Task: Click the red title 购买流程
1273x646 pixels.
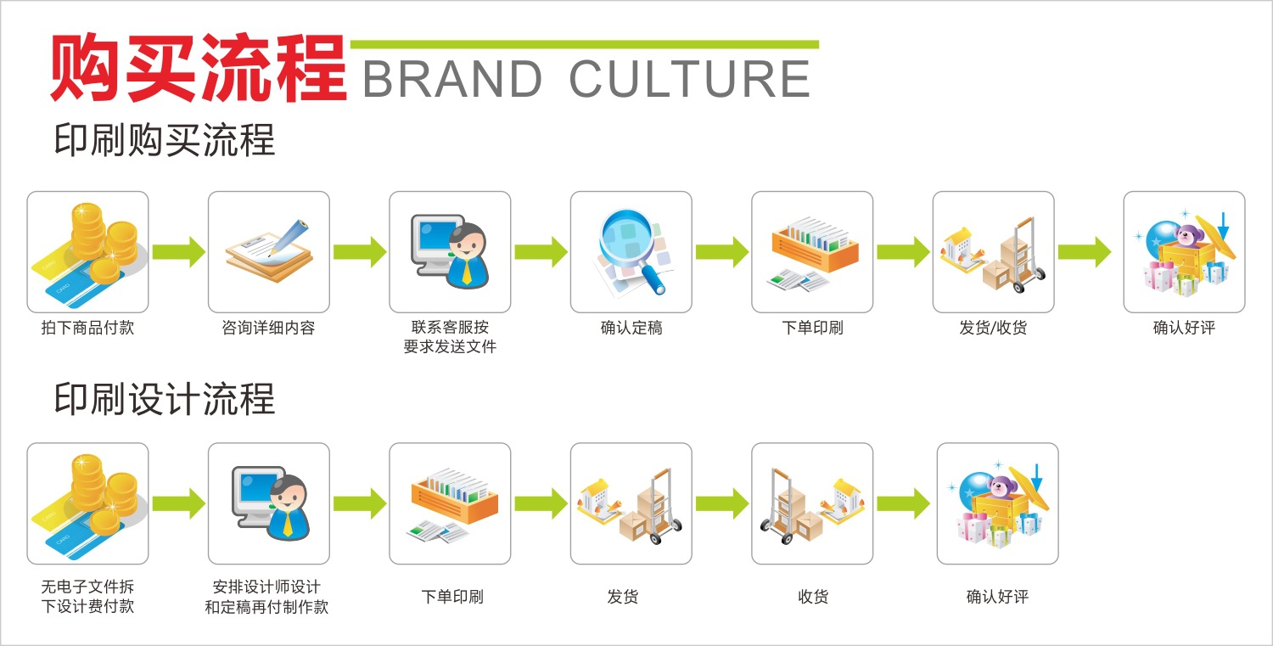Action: click(x=199, y=68)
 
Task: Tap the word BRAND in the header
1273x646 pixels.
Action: click(x=452, y=80)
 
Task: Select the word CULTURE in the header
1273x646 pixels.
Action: click(x=689, y=80)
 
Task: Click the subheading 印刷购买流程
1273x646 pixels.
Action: click(x=165, y=140)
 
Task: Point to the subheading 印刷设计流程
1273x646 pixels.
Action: click(x=165, y=399)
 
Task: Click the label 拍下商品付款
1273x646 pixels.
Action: click(x=87, y=328)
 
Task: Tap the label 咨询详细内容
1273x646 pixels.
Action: click(x=268, y=328)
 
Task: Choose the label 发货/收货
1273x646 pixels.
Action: click(x=993, y=328)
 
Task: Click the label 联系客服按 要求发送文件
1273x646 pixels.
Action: click(x=450, y=337)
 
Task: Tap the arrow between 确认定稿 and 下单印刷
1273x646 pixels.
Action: click(x=721, y=252)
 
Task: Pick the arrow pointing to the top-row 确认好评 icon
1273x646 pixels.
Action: click(x=1085, y=252)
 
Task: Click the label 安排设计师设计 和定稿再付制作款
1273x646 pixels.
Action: click(x=266, y=597)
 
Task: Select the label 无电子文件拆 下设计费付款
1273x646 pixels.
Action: click(x=87, y=597)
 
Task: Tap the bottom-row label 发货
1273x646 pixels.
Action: click(x=623, y=597)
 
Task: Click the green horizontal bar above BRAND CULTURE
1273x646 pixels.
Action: click(x=584, y=44)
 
